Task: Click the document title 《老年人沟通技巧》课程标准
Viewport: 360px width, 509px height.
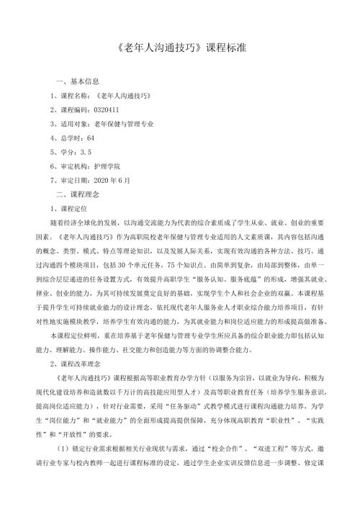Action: tap(180, 53)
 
